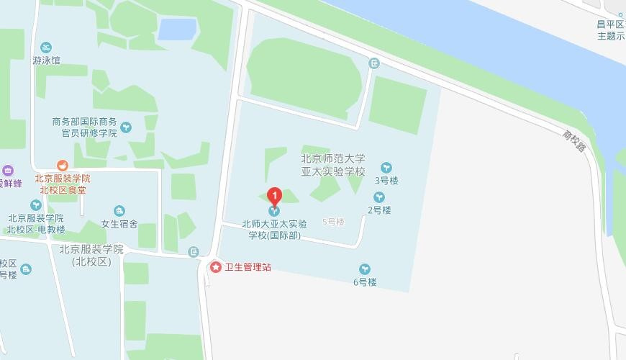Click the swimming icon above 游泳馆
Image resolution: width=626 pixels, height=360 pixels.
pyautogui.click(x=46, y=47)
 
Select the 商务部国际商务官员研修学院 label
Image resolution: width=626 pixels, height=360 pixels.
pyautogui.click(x=84, y=127)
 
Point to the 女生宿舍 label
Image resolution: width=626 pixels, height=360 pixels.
pyautogui.click(x=119, y=223)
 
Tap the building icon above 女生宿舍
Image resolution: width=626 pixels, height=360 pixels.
pyautogui.click(x=119, y=210)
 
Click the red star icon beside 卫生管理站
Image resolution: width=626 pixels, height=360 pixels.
pyautogui.click(x=215, y=267)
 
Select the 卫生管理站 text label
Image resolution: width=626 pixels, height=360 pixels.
pyautogui.click(x=248, y=267)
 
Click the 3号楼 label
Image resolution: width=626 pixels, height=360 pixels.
pyautogui.click(x=386, y=181)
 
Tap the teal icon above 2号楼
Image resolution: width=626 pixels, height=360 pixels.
pyautogui.click(x=378, y=197)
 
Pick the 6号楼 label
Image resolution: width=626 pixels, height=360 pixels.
pyautogui.click(x=365, y=282)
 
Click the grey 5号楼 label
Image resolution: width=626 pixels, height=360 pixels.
pyautogui.click(x=334, y=222)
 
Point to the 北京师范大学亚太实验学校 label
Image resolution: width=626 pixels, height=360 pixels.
pyautogui.click(x=333, y=165)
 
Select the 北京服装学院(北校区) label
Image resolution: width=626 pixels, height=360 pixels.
pyautogui.click(x=92, y=256)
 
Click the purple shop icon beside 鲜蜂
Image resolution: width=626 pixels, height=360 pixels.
pyautogui.click(x=8, y=171)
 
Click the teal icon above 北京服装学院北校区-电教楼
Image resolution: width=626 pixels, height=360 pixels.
pyautogui.click(x=35, y=205)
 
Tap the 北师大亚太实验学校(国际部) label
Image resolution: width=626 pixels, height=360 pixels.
pyautogui.click(x=274, y=229)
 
